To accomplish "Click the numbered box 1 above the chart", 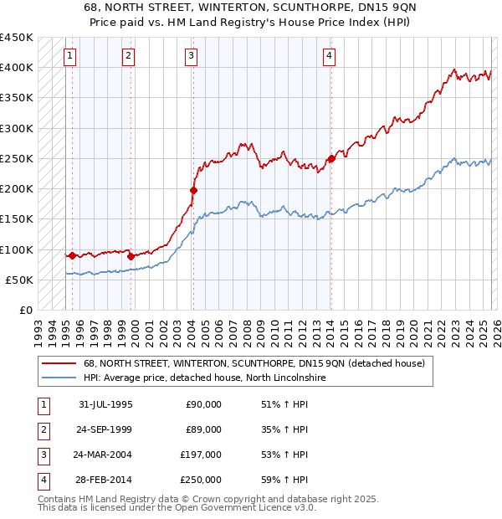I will click(69, 56).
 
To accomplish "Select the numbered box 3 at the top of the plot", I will click(192, 56).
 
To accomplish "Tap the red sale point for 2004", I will click(193, 191).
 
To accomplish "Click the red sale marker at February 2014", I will click(330, 158).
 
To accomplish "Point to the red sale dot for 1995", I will click(73, 255).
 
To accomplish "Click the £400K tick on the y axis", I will click(17, 68).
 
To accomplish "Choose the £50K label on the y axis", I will click(20, 280).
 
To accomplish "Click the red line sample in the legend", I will click(59, 363).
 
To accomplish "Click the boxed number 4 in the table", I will click(43, 480).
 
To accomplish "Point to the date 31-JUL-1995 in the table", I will click(105, 404).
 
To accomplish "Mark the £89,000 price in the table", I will click(203, 429).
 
